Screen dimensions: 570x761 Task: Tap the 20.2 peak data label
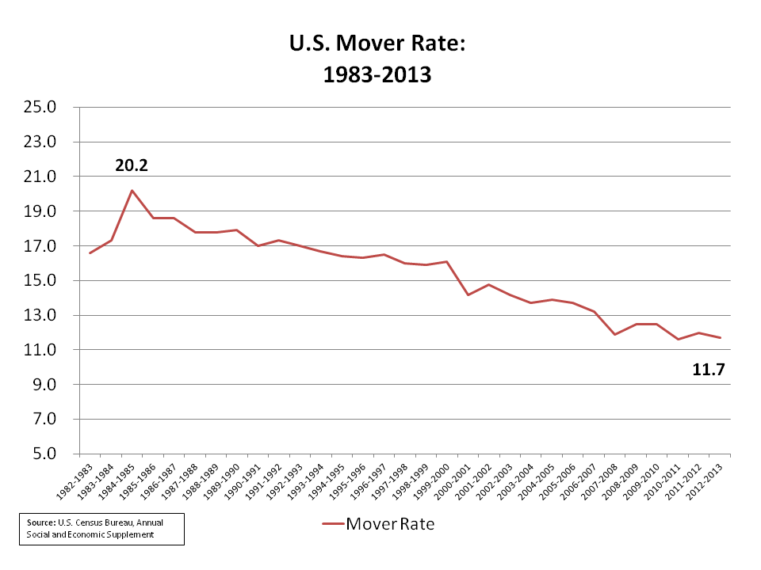pos(132,166)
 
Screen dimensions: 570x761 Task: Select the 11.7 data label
pos(709,369)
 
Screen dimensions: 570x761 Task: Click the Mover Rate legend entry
pos(379,523)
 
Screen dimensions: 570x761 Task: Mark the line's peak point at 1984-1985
pos(132,190)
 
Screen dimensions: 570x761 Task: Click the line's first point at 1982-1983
pos(90,253)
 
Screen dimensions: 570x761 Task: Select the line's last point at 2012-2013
pos(720,338)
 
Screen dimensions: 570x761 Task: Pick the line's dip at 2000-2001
pos(468,295)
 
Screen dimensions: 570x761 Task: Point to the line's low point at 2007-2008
pos(615,334)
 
